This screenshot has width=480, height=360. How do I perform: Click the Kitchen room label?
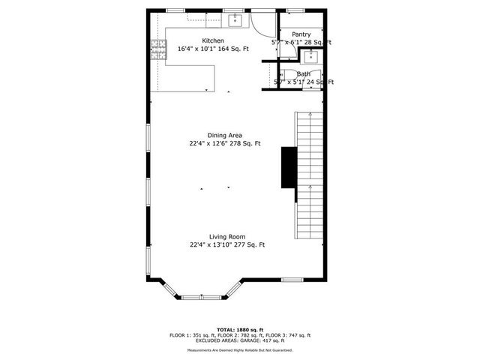pos(212,40)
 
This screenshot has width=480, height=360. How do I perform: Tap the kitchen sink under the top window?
pos(234,19)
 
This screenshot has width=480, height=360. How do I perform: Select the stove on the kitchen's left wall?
pos(158,50)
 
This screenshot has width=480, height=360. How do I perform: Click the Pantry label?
pos(301,34)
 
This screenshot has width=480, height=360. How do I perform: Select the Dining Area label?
pos(224,135)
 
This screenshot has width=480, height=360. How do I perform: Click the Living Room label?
pos(226,236)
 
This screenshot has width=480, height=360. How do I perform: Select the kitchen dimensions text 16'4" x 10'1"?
pos(196,49)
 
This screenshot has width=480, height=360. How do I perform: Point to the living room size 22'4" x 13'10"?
pos(211,244)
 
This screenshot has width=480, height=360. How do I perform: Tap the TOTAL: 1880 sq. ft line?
pos(240,329)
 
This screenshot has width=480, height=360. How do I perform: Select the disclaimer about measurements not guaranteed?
pos(240,349)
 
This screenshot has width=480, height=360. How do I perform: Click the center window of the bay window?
pos(202,298)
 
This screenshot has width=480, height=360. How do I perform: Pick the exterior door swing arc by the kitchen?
pos(261,25)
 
